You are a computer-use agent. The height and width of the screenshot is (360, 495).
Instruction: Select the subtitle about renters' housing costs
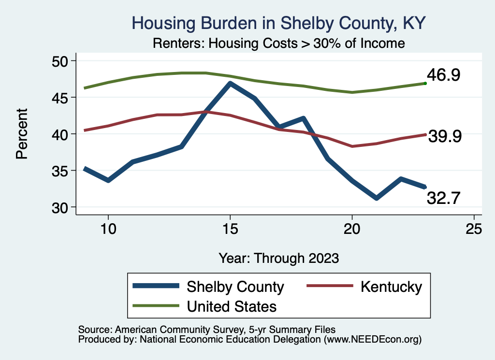point(278,43)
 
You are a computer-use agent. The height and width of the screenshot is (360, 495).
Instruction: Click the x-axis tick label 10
point(108,229)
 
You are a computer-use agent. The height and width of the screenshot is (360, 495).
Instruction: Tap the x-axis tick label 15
point(230,229)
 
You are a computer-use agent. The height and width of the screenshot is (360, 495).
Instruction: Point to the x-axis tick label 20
point(352,229)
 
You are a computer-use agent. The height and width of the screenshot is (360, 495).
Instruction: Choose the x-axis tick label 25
point(474,229)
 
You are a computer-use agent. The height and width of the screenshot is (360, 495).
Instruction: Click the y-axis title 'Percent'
point(22,134)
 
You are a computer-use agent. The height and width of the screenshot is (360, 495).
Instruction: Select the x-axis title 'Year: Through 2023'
point(278,258)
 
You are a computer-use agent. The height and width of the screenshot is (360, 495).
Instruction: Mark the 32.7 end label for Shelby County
point(443,198)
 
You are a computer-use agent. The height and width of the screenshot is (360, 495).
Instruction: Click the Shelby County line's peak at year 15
point(230,84)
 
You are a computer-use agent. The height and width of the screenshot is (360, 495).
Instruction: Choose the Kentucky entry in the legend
point(391,287)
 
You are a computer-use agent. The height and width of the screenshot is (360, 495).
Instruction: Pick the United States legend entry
point(232,306)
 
